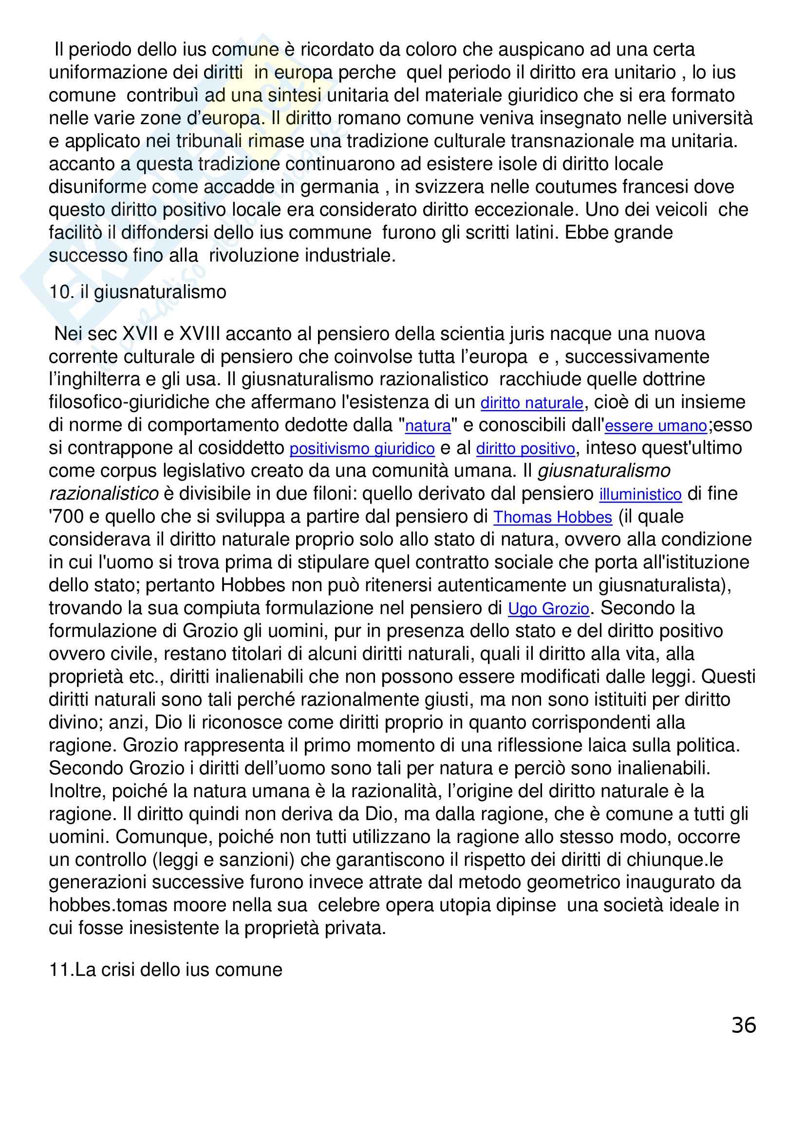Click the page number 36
click(x=743, y=1025)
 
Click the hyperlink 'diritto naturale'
click(x=532, y=403)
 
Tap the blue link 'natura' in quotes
click(x=428, y=426)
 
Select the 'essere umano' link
click(x=656, y=426)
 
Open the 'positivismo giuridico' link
click(x=361, y=449)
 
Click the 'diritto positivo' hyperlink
click(x=525, y=449)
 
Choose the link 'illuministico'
click(x=640, y=495)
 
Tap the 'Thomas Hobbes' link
click(x=553, y=518)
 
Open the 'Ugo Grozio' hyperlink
click(x=548, y=609)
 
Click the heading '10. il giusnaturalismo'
click(x=137, y=292)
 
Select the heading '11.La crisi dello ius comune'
click(x=166, y=970)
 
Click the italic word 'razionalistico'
click(x=104, y=494)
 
